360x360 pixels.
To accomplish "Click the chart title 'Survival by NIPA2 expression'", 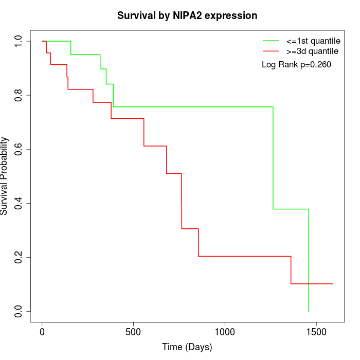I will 187,15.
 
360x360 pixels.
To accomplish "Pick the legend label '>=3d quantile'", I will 312,51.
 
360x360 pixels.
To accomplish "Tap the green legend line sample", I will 271,40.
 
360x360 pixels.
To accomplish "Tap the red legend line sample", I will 271,51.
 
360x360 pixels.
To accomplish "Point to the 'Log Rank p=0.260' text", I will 296,65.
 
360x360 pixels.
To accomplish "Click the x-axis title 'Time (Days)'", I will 187,347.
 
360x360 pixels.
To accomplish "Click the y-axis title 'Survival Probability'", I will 5,176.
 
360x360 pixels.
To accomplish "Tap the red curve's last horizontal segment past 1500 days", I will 319,284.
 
